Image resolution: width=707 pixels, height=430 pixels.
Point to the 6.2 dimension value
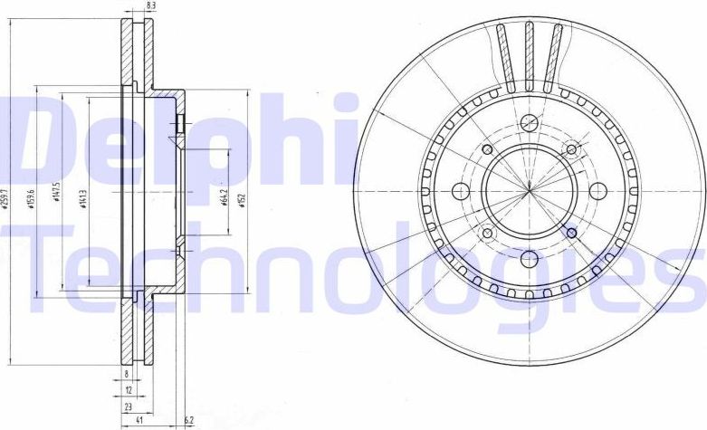(x=187, y=422)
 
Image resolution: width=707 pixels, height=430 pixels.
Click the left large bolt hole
(x=460, y=191)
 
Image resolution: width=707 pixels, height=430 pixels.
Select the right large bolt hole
(x=597, y=191)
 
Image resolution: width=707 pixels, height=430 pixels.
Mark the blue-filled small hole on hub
(x=571, y=234)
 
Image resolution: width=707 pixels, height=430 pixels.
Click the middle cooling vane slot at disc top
(x=530, y=56)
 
